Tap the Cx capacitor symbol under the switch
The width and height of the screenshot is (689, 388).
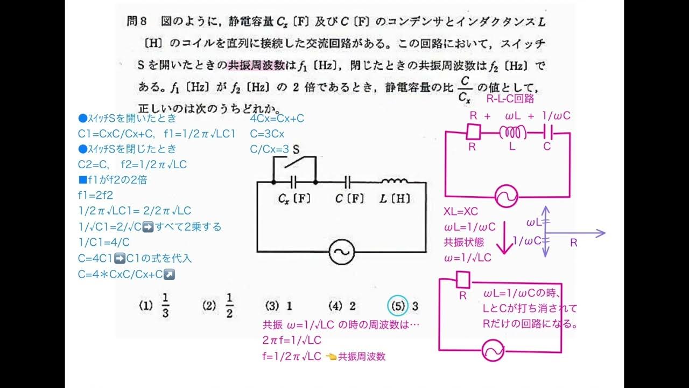294,183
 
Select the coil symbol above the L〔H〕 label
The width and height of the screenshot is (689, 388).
395,182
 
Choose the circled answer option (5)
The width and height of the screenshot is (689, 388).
398,306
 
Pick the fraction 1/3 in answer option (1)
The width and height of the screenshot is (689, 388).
165,306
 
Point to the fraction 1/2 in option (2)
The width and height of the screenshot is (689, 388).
229,306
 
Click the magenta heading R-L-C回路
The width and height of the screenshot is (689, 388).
510,99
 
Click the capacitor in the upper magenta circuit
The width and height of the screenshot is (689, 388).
547,131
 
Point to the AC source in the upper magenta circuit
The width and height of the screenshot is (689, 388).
506,197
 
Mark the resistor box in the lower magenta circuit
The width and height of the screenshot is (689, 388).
463,280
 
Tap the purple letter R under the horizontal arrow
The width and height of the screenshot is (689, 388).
573,243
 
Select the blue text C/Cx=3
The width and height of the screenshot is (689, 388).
270,149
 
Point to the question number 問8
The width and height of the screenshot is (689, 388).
137,22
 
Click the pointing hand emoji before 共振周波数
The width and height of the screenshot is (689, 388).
331,356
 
